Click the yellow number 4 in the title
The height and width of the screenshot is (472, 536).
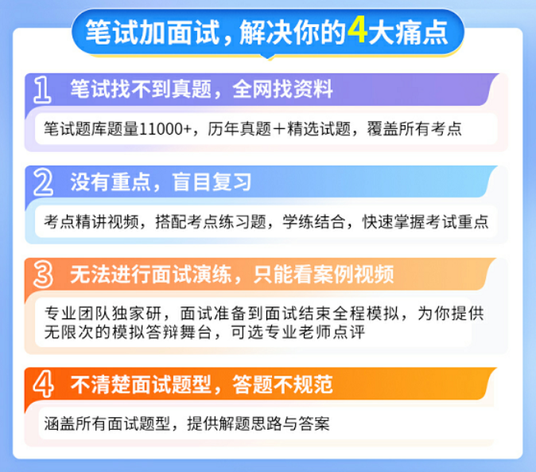pos(358,31)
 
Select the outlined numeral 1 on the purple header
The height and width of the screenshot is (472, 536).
pos(42,90)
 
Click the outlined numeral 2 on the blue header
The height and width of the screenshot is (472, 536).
pos(44,182)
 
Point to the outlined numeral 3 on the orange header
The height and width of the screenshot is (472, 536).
pos(44,275)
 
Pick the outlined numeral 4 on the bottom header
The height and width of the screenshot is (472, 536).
pos(44,384)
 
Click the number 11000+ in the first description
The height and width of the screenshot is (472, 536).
pos(165,129)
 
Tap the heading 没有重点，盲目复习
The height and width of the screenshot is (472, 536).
pos(161,182)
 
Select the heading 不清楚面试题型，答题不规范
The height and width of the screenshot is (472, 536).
pos(201,384)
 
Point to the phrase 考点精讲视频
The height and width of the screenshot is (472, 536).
pos(91,221)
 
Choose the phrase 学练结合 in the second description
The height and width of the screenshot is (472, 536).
pos(313,221)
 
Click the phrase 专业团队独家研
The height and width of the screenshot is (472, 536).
pos(103,313)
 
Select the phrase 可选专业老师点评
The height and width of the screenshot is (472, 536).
pos(297,332)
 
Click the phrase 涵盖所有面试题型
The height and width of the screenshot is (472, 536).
pos(107,423)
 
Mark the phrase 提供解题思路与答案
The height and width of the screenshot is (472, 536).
pos(258,423)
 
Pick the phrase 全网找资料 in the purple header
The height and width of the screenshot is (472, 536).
pos(282,89)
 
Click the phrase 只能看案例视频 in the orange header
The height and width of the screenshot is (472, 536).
pos(324,275)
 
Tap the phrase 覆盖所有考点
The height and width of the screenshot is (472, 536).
pos(414,129)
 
